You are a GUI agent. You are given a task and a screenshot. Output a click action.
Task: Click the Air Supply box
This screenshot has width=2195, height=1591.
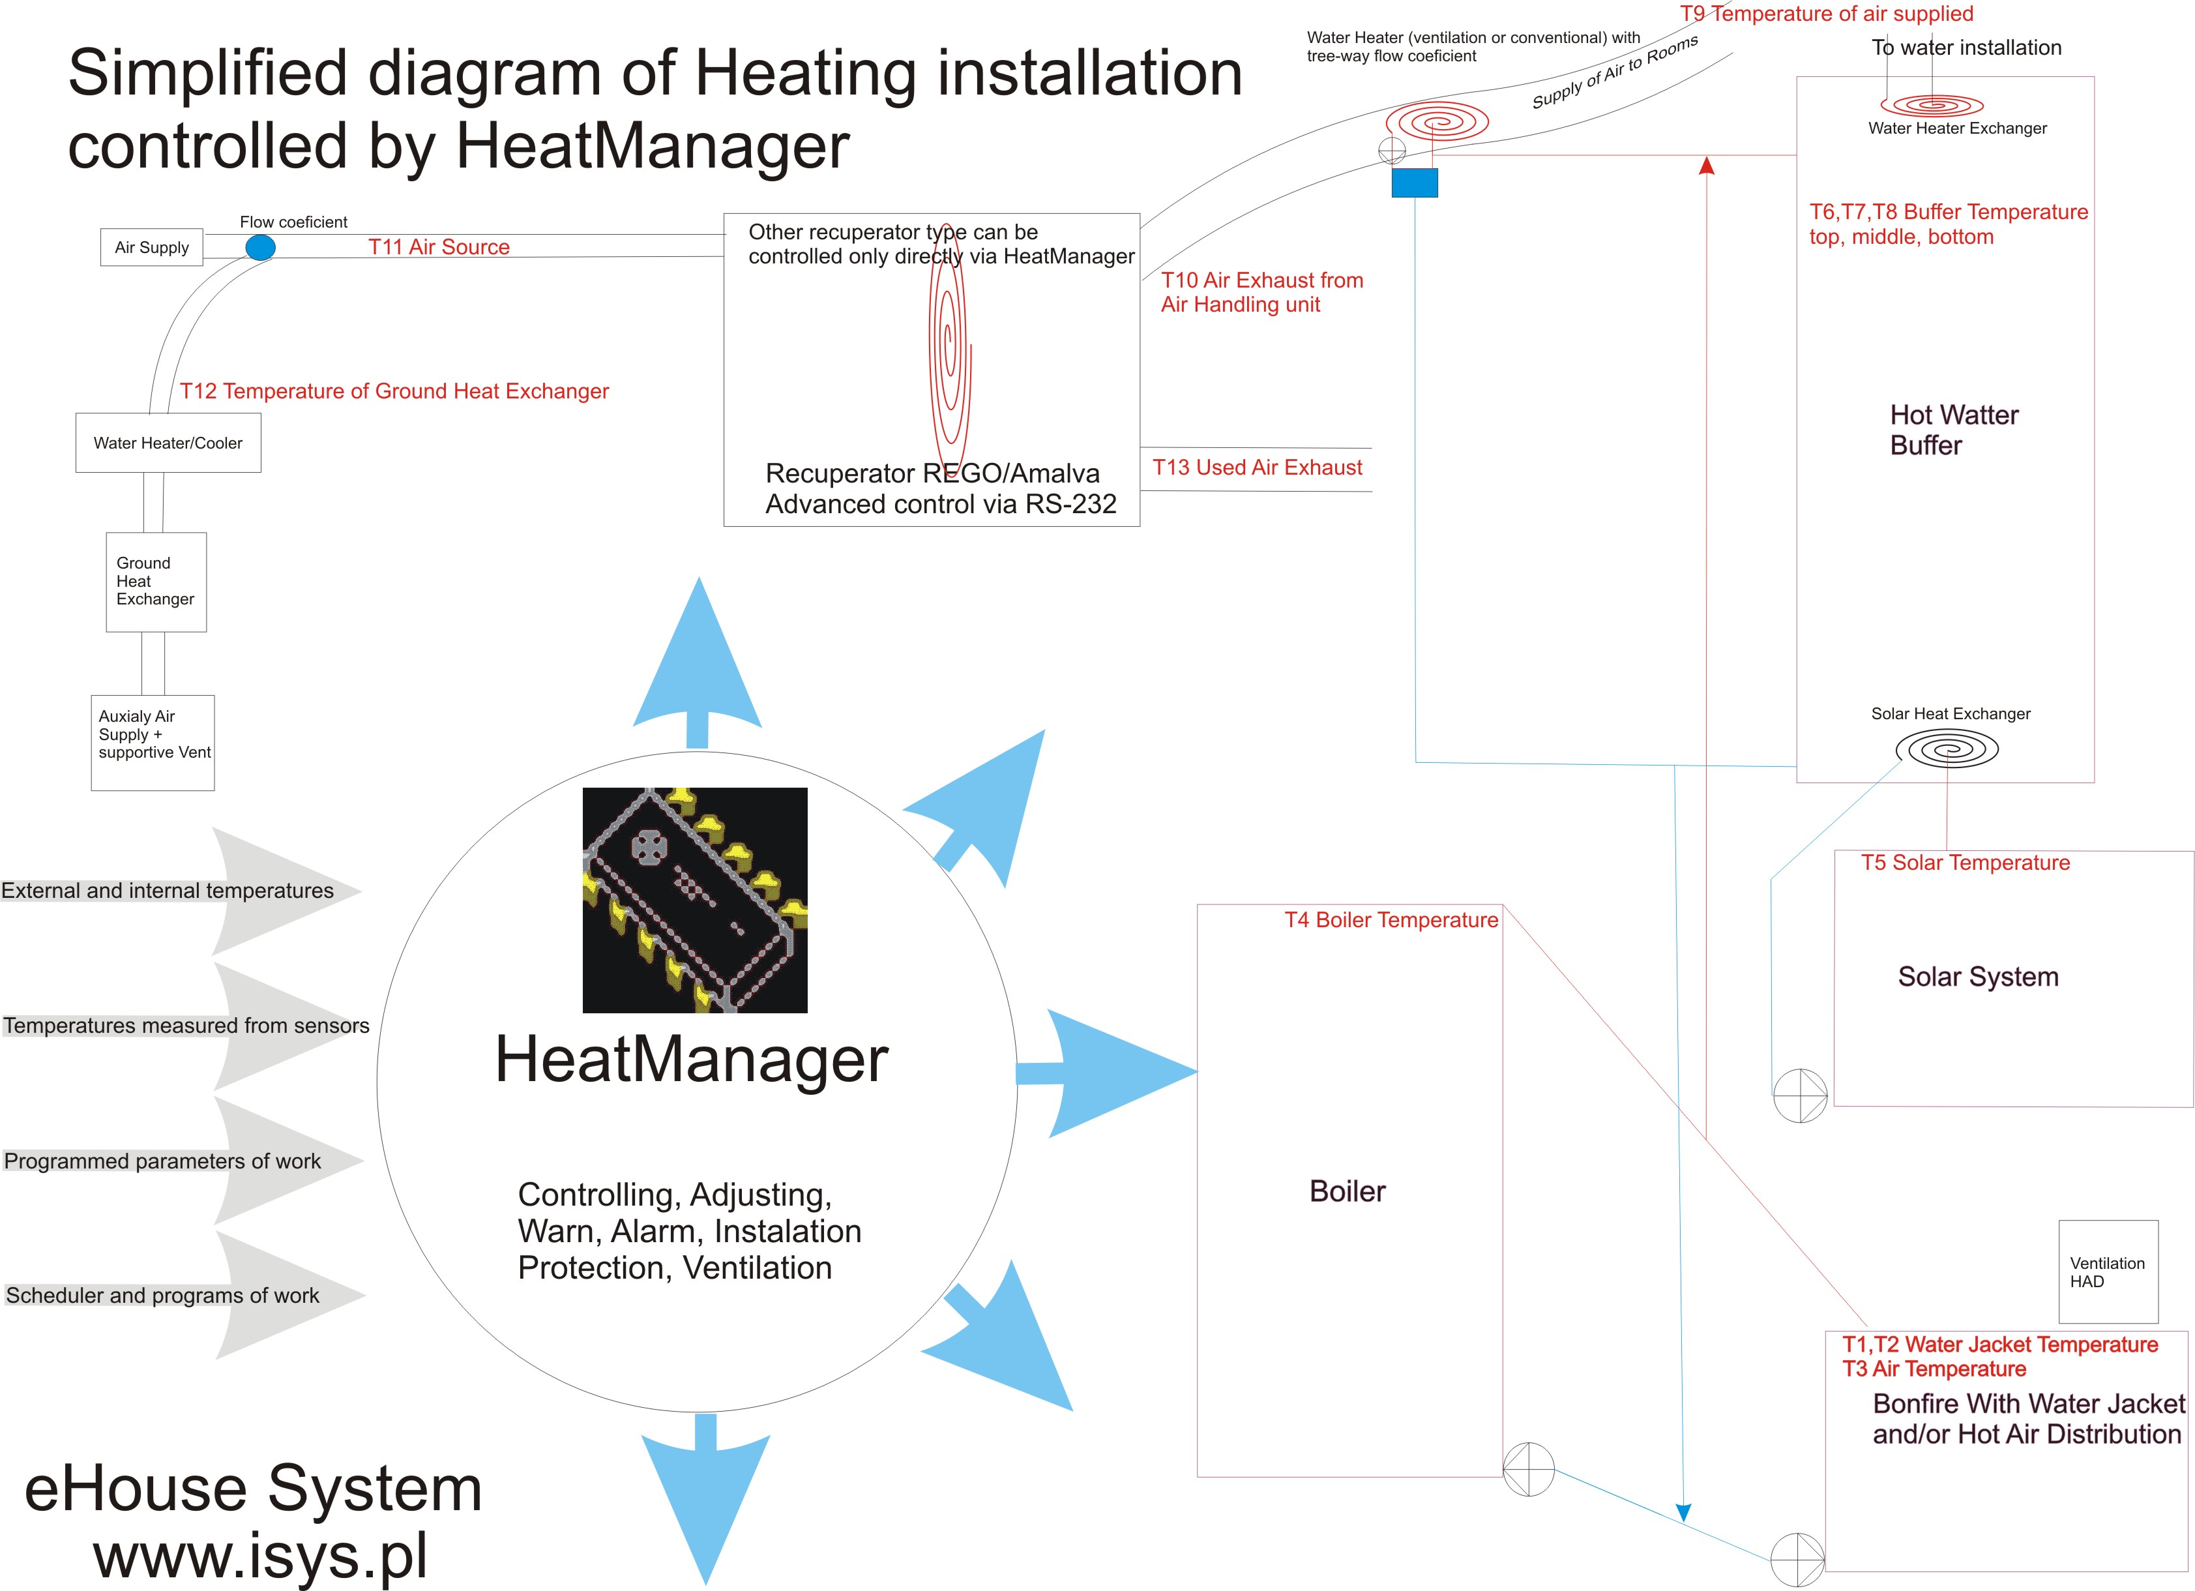(152, 246)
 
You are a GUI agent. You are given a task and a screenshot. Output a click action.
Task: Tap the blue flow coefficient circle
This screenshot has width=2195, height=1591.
(260, 248)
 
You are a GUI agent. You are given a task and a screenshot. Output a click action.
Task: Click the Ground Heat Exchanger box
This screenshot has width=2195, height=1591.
(156, 582)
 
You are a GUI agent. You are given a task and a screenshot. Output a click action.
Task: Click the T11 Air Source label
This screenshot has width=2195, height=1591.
(439, 246)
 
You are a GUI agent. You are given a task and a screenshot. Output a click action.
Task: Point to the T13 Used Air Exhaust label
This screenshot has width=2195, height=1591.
(1257, 468)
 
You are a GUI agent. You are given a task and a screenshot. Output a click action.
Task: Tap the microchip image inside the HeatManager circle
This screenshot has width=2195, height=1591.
(695, 900)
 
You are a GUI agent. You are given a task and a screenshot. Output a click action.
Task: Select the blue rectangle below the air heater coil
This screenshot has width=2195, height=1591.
(1415, 183)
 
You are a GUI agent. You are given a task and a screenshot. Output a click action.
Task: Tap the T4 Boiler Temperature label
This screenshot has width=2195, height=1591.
(1391, 919)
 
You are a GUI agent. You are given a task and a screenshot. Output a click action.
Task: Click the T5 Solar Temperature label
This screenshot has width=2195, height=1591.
(1966, 862)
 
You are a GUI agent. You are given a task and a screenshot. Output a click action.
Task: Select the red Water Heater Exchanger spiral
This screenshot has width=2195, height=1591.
(1932, 104)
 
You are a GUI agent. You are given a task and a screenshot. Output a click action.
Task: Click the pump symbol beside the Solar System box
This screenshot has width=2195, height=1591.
(1800, 1095)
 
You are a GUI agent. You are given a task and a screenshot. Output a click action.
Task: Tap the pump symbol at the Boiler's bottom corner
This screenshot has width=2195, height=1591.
(1528, 1469)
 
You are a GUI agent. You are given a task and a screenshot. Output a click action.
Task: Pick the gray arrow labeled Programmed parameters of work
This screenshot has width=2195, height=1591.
(183, 1161)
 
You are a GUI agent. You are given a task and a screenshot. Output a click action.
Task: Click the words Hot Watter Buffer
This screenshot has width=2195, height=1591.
(1954, 430)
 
